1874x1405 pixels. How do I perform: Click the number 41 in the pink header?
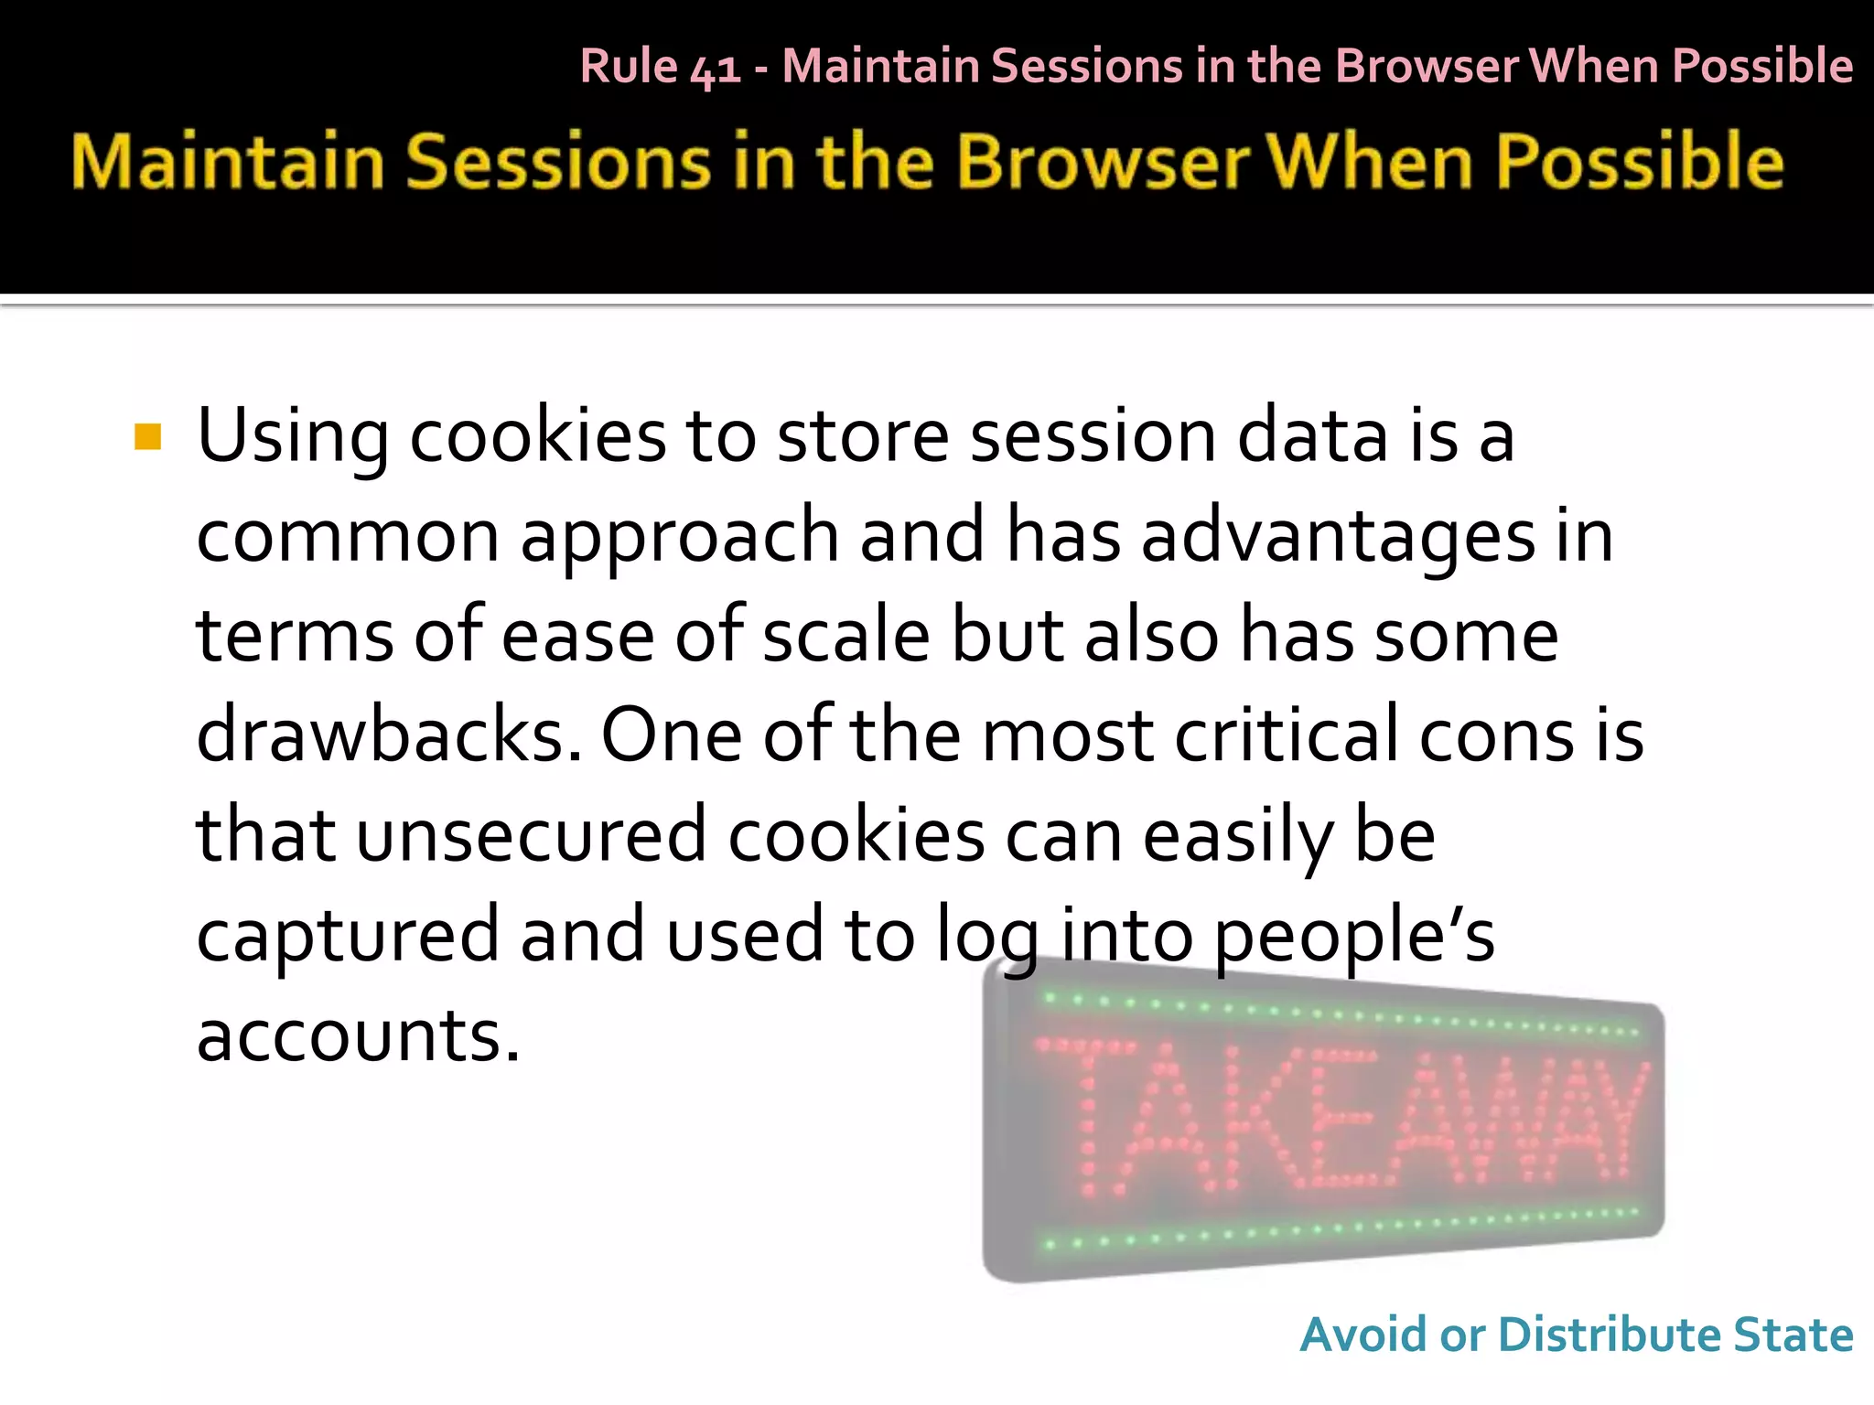point(716,69)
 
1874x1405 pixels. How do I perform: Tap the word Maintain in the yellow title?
point(228,162)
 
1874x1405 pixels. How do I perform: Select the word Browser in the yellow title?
point(1103,162)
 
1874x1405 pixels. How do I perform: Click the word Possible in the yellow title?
point(1639,162)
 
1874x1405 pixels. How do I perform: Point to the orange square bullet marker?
point(147,437)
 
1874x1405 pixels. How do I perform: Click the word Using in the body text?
point(292,437)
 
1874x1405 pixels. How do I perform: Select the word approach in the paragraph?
point(679,538)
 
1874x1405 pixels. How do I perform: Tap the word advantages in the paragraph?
point(1338,538)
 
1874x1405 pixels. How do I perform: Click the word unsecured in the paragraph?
point(531,835)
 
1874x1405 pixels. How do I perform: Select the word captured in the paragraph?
point(348,935)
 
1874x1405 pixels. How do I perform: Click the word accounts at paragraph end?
point(358,1035)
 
